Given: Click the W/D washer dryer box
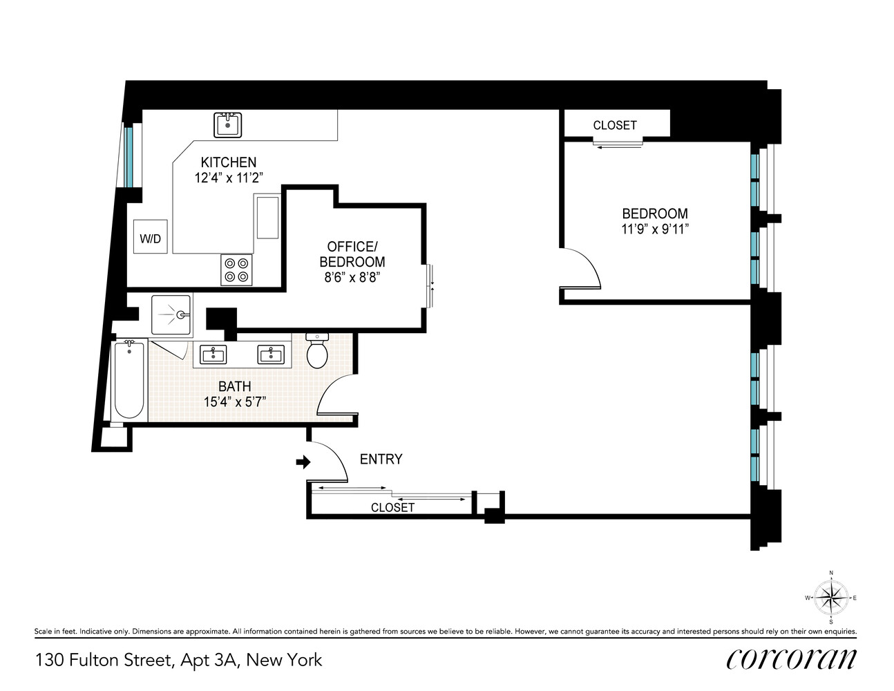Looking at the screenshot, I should [151, 238].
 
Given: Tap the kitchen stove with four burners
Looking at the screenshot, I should [237, 269].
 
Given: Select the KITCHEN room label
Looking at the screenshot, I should [229, 162].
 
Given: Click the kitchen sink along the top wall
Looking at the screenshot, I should [227, 125].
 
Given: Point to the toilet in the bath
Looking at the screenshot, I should [317, 352].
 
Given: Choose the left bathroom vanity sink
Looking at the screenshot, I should [213, 354].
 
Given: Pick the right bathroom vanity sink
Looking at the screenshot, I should [271, 354].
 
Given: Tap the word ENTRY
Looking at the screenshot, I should [381, 460].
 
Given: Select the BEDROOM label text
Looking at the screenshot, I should [655, 214].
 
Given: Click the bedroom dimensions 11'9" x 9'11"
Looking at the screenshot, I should [655, 229].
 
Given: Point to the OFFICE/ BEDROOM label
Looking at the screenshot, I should [352, 254].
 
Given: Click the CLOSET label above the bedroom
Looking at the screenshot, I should [615, 125].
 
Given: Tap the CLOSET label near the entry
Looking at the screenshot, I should [392, 507].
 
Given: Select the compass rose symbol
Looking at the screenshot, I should [831, 598].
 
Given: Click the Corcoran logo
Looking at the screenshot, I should [791, 659].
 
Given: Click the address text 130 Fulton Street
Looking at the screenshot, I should [104, 660].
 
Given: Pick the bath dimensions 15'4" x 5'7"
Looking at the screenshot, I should [235, 401].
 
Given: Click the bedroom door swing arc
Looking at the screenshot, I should [587, 266].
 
